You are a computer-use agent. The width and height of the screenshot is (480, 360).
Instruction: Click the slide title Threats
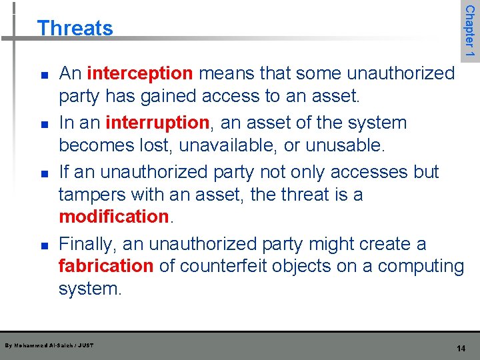pyautogui.click(x=75, y=28)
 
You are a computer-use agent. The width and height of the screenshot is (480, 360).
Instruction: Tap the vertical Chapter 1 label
pyautogui.click(x=470, y=31)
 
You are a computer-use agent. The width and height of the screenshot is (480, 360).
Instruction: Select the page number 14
pyautogui.click(x=461, y=349)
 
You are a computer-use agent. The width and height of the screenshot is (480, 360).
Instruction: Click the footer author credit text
pyautogui.click(x=49, y=345)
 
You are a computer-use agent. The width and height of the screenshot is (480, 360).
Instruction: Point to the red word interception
pyautogui.click(x=140, y=73)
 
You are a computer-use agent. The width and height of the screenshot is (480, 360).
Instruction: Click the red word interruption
pyautogui.click(x=157, y=123)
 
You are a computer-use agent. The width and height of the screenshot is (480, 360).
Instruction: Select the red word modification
pyautogui.click(x=113, y=217)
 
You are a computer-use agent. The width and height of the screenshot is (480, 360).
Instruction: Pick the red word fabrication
pyautogui.click(x=106, y=266)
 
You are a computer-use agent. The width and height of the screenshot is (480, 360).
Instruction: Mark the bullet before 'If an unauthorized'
pyautogui.click(x=43, y=173)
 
